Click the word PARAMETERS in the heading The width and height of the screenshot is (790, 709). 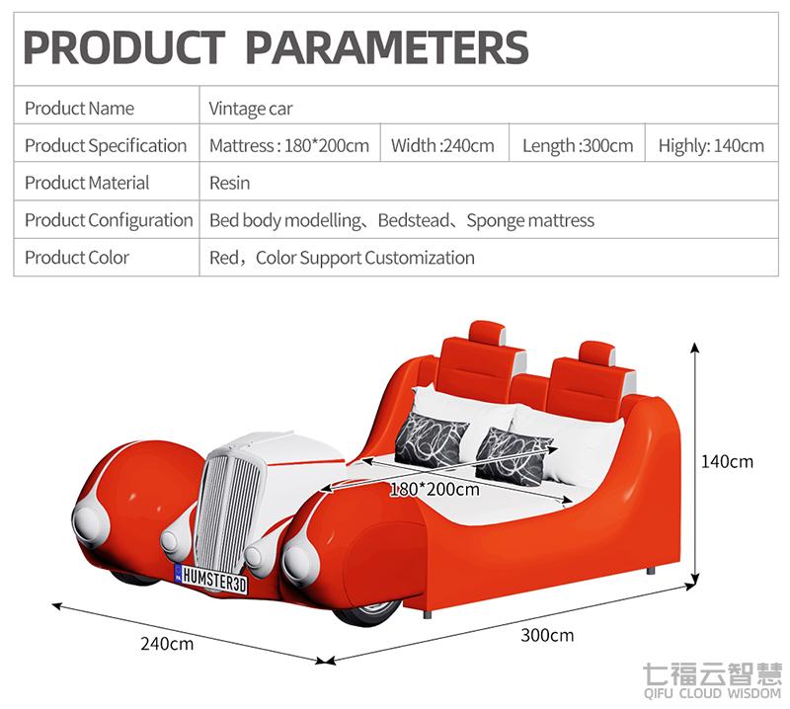387,47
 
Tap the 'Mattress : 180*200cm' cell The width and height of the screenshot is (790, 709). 289,145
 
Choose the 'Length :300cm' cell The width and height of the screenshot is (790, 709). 578,145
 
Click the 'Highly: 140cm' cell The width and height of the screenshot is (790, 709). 711,145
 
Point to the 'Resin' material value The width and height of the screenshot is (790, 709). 229,183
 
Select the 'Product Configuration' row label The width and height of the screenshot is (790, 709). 109,220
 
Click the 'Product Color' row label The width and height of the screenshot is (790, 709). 77,258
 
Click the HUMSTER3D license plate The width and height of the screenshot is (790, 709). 210,579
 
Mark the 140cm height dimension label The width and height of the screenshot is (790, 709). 727,461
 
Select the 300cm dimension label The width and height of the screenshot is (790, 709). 547,635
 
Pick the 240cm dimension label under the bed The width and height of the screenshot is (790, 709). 167,644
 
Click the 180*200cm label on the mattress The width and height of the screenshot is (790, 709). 434,489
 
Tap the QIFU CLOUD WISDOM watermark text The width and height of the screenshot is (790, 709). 712,693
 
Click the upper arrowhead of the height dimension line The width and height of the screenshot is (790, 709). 695,347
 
